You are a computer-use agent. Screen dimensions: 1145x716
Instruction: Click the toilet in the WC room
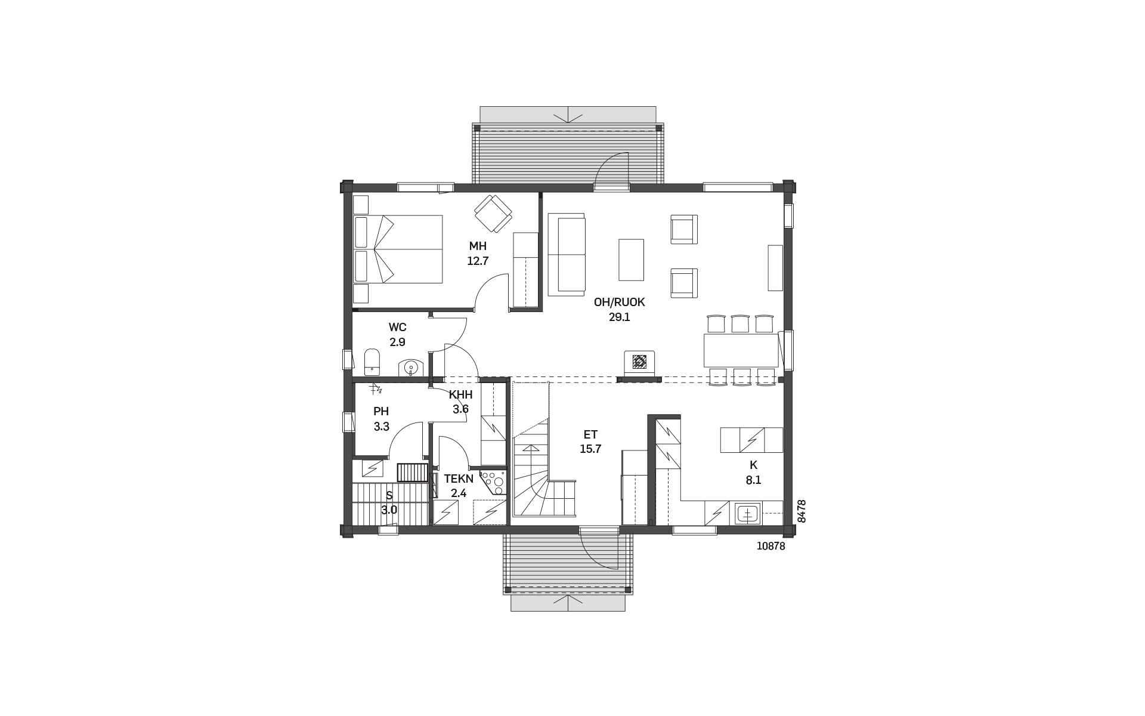pyautogui.click(x=372, y=362)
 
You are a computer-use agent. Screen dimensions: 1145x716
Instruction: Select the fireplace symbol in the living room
pyautogui.click(x=639, y=362)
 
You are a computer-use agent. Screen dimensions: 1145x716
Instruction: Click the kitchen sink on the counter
pyautogui.click(x=748, y=513)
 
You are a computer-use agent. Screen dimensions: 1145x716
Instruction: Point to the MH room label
pyautogui.click(x=478, y=246)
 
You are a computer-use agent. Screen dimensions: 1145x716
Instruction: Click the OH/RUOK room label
pyautogui.click(x=620, y=303)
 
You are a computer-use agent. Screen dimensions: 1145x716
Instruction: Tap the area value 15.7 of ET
pyautogui.click(x=590, y=449)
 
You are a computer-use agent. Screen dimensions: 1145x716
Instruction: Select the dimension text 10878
pyautogui.click(x=770, y=546)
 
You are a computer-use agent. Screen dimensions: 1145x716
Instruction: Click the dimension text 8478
pyautogui.click(x=801, y=511)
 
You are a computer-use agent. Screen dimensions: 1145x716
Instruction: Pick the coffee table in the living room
pyautogui.click(x=632, y=260)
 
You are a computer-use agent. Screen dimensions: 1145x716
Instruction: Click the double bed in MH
pyautogui.click(x=398, y=249)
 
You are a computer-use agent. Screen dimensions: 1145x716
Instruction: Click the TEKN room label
pyautogui.click(x=459, y=479)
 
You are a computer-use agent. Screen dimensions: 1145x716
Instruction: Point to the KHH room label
pyautogui.click(x=461, y=394)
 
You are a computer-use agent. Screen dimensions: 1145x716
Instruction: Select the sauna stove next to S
pyautogui.click(x=413, y=472)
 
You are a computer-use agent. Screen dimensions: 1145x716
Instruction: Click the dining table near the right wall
pyautogui.click(x=741, y=350)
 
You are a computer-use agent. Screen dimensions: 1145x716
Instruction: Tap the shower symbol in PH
pyautogui.click(x=375, y=390)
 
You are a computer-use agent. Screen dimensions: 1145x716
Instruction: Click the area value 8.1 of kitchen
pyautogui.click(x=754, y=480)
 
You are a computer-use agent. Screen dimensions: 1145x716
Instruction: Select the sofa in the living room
pyautogui.click(x=567, y=255)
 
